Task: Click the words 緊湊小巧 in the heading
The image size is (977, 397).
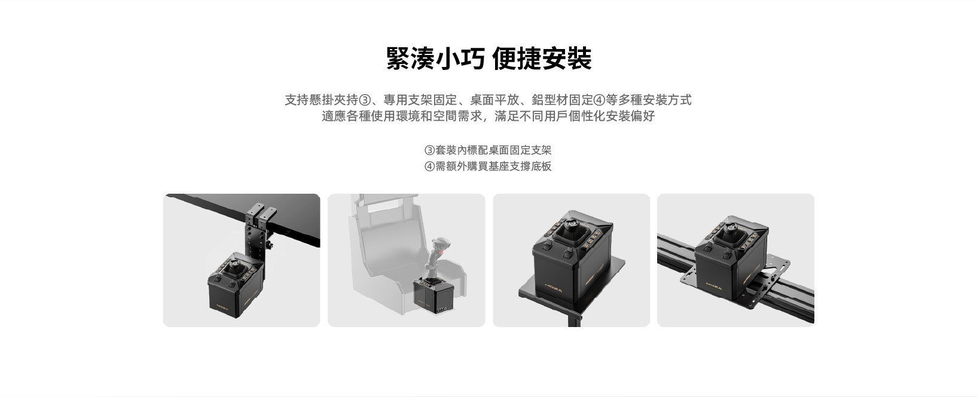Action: [x=435, y=59]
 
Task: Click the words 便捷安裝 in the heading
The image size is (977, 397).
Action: [x=542, y=59]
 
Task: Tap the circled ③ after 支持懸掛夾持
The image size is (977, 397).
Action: [x=364, y=100]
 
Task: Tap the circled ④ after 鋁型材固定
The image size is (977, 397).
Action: [x=599, y=100]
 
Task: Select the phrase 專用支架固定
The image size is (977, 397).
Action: [x=420, y=100]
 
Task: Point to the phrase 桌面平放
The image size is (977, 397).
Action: [x=494, y=100]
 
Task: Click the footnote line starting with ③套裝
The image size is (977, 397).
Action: [x=488, y=150]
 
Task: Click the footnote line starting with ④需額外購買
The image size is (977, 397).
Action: [x=488, y=166]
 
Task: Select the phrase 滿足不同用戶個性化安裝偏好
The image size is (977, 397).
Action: [x=575, y=116]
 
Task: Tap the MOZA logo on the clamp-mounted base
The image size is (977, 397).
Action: [x=222, y=306]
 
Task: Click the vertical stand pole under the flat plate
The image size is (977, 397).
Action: [x=574, y=323]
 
